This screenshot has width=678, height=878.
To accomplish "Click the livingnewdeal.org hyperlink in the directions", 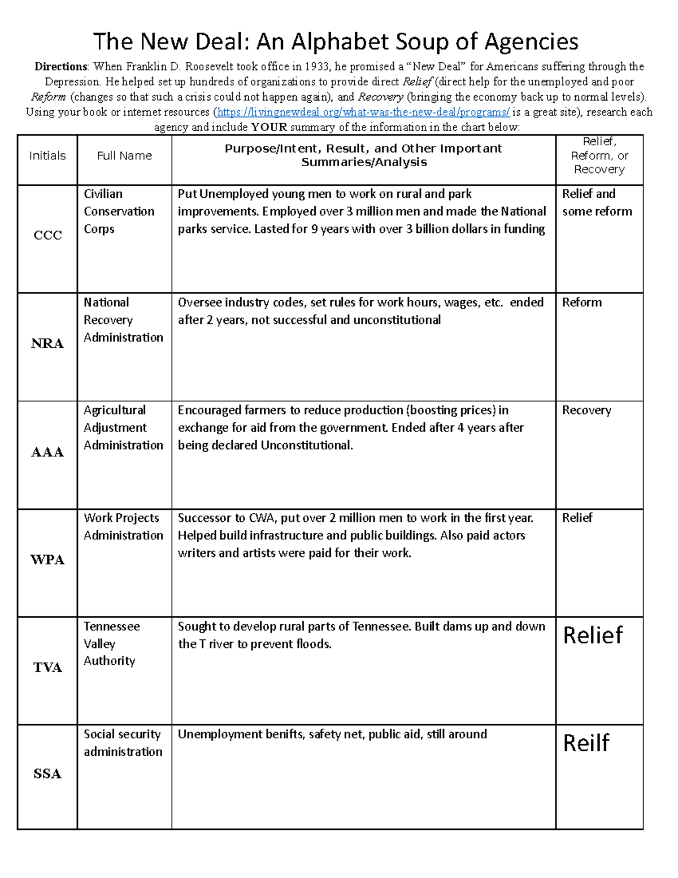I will [x=363, y=112].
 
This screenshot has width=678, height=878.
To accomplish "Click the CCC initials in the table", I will [x=47, y=235].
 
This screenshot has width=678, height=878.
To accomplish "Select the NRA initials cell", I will [x=47, y=344].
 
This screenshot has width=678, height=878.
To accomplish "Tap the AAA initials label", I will [x=47, y=452].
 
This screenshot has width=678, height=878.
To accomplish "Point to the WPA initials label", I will [x=47, y=560].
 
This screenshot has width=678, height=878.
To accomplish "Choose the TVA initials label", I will [x=47, y=668].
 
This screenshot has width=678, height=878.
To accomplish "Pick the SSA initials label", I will [x=47, y=774].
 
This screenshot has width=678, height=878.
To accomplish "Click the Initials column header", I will [x=47, y=156].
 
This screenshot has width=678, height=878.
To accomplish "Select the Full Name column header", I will [x=124, y=156].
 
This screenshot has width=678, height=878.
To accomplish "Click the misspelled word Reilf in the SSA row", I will [x=586, y=743].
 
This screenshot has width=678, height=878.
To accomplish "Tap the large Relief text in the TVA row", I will [x=593, y=635].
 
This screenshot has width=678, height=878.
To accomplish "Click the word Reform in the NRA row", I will [x=581, y=302].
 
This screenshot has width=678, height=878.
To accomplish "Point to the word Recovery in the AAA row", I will [x=586, y=410].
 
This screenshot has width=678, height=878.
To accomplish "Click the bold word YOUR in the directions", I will [x=270, y=127].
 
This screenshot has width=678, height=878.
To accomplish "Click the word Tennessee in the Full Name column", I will [x=112, y=626].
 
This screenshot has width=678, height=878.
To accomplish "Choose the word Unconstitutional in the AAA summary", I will [x=306, y=446].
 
